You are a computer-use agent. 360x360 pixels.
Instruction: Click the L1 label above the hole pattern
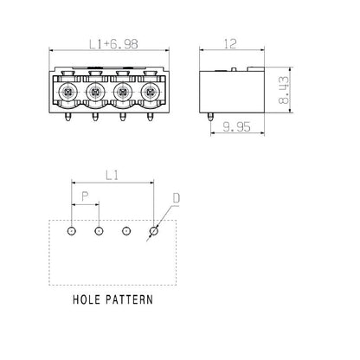[112, 176]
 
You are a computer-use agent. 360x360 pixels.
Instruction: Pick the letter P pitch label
[85, 197]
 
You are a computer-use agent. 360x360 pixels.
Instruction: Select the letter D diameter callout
[176, 199]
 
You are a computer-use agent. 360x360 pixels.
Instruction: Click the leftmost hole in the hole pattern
[72, 231]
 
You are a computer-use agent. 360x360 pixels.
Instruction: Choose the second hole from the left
[99, 231]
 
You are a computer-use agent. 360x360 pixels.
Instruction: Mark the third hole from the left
[126, 231]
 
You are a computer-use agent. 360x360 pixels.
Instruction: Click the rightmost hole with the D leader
[154, 231]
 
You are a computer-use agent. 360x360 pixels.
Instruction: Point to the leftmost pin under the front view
[67, 115]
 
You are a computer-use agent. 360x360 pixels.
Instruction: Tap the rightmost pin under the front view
[151, 115]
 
